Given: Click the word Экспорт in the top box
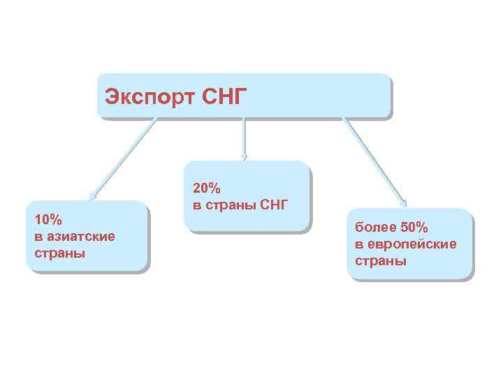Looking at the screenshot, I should pos(144,96).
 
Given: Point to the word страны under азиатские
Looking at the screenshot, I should pos(59,253).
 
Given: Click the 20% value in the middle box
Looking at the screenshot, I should pos(206,189).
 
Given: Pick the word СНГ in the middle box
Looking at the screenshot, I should pos(273,205).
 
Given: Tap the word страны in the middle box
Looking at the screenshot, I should pos(230,205).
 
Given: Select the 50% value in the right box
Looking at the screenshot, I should pos(414,228).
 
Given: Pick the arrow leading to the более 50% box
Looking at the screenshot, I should pos(373,160).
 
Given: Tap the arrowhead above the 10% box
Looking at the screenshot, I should pos(93,198).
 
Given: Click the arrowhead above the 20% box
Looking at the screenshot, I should pos(243,156).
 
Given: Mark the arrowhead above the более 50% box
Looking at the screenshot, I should pos(403,203).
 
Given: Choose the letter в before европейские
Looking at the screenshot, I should pos(358,244).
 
